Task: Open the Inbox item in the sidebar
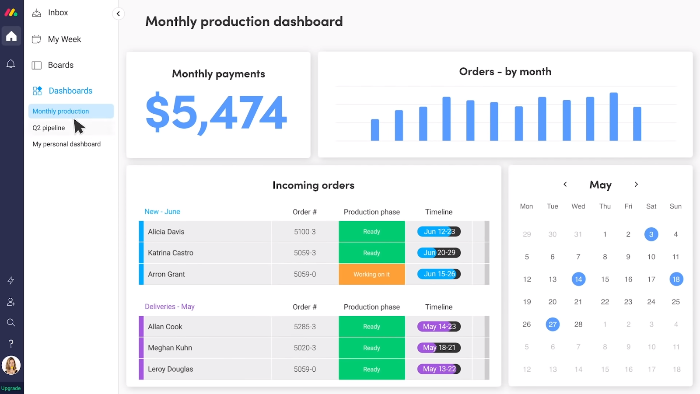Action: coord(50,13)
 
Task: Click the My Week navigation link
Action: coord(56,39)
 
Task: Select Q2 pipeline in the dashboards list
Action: coord(49,128)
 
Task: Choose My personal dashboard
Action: coord(66,144)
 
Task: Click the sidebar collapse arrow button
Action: coord(118,14)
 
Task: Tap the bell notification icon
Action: coord(11,64)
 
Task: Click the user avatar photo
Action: coord(11,365)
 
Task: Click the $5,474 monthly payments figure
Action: coord(216,112)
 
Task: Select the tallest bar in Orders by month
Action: coord(613,117)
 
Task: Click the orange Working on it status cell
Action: coord(371,274)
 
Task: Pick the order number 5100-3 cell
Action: coord(304,231)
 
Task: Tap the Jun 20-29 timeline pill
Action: coord(439,252)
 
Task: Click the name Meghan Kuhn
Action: coord(170,348)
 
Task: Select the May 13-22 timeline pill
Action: coord(439,369)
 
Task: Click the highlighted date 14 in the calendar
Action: coord(578,279)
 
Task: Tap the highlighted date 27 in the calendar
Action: coord(553,324)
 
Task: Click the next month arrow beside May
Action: coord(636,185)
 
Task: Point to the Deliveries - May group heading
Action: coord(170,307)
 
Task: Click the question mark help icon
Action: coord(11,344)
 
